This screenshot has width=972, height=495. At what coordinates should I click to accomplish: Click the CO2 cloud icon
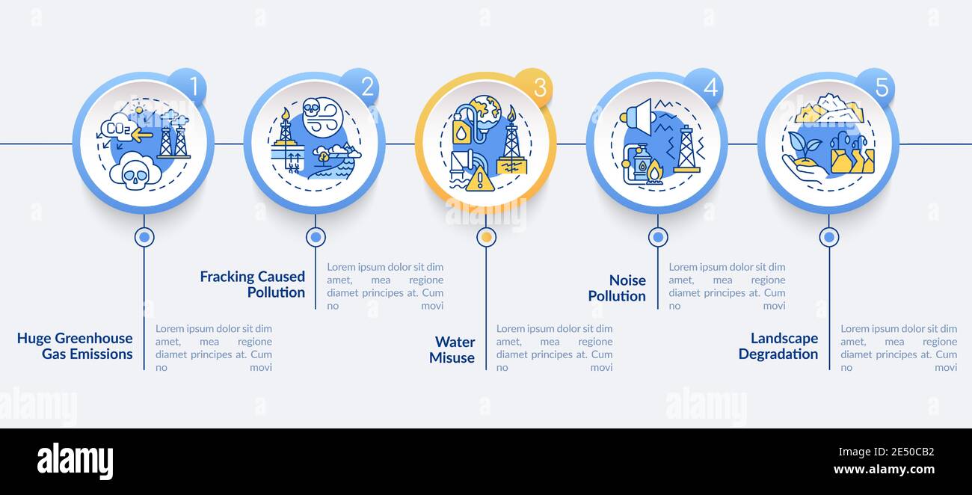[x=118, y=128]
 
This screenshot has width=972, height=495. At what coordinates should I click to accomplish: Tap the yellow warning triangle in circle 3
[x=479, y=179]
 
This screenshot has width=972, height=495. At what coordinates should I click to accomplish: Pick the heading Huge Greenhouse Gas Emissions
[x=75, y=346]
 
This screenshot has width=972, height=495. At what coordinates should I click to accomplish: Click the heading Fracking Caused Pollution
[x=253, y=284]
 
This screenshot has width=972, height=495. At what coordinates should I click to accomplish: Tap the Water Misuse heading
[x=452, y=350]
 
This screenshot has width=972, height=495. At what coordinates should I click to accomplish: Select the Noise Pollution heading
[x=617, y=288]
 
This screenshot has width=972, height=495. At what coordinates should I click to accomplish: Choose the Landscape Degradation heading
[x=778, y=346]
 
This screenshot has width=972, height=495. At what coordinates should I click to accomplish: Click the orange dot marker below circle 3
[x=487, y=237]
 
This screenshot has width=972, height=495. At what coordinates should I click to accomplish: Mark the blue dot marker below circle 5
[x=828, y=237]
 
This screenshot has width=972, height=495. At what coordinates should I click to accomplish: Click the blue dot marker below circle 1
[x=144, y=237]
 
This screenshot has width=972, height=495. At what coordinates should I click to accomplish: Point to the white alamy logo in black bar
[x=75, y=461]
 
